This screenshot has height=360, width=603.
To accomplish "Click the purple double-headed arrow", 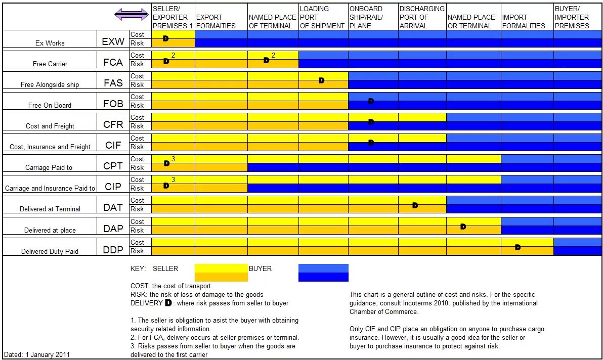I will pos(132,15).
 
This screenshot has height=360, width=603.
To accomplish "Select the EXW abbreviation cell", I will pos(113,41).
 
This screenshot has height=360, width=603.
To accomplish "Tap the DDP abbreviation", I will pos(113,249).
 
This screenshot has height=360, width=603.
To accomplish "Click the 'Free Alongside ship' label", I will pos(50,84).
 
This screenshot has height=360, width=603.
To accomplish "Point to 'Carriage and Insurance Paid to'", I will pos(50,188).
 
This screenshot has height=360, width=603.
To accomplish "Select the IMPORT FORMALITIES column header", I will pos(524,21).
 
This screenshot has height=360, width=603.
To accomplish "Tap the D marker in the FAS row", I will pos(321,80).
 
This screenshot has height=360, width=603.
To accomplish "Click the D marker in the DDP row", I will pos(518,247).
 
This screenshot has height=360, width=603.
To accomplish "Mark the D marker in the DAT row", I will pos(415,205).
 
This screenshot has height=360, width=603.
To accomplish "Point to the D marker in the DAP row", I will pos(463,227).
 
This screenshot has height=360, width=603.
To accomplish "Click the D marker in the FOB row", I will pos(371,101).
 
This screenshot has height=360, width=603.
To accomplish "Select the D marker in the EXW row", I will pos(166,38).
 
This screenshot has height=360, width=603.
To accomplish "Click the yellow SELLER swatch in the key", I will pos(221,273).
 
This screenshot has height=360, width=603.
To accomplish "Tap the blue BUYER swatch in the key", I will pos(323,273).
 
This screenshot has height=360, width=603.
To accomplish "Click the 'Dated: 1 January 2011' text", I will pos(37,354).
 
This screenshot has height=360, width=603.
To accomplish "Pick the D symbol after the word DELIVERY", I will pos(168,303).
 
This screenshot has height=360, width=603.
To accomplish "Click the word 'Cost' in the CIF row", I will pos(137,138).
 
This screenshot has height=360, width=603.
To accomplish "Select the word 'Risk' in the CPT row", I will pos(137,167).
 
